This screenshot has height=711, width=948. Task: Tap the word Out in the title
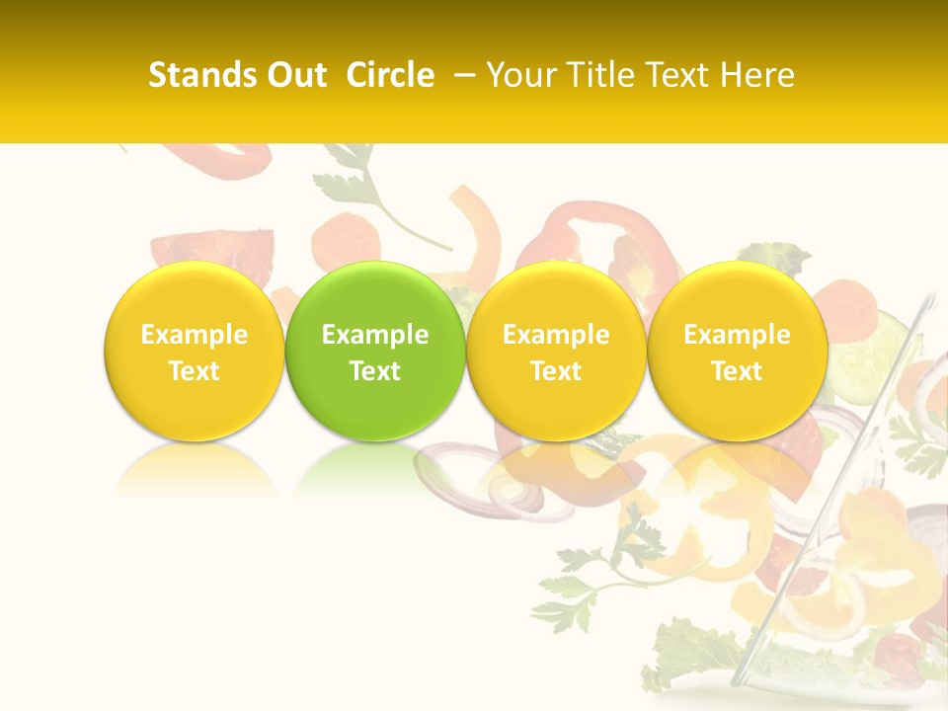coord(293,75)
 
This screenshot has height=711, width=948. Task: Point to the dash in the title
coord(462,75)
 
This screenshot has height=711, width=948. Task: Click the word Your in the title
coord(518,75)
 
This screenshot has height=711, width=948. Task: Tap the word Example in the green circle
coord(375,335)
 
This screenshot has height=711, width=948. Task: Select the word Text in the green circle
coord(375,371)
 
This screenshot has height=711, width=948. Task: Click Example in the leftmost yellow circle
coord(195,335)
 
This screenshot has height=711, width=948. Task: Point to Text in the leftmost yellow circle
coord(195,371)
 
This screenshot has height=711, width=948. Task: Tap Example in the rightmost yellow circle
coord(737,335)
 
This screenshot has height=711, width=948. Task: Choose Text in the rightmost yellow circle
coord(737,371)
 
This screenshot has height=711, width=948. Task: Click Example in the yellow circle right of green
coord(556,335)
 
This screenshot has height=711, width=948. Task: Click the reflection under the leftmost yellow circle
coord(195,469)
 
